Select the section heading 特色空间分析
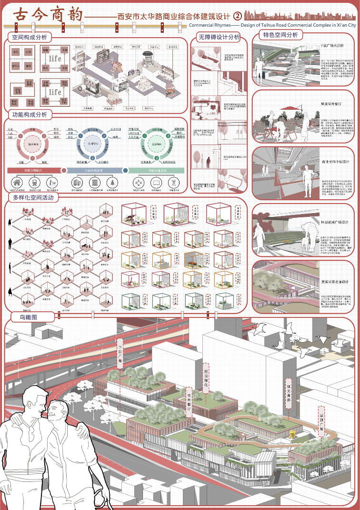click(x=280, y=35)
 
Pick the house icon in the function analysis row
click(x=17, y=183)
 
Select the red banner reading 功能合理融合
click(x=33, y=170)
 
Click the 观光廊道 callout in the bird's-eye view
click(x=288, y=392)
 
